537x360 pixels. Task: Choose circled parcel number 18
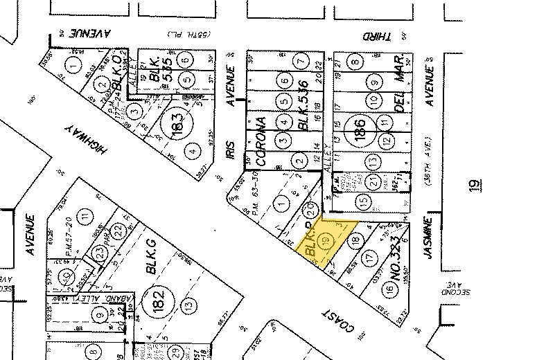pos(355,240)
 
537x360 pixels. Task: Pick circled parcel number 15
pos(364,201)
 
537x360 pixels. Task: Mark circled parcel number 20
pos(312,206)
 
